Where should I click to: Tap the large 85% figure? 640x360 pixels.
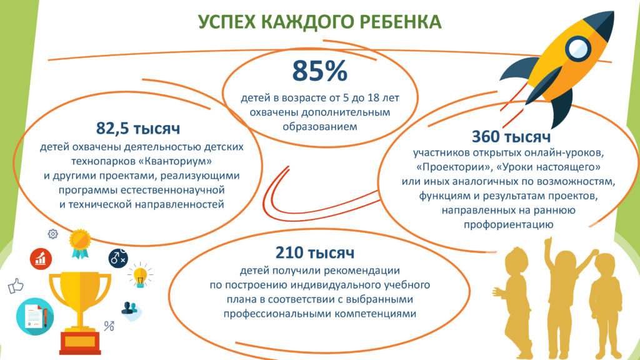click(x=319, y=71)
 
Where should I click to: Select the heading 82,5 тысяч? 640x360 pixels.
click(x=138, y=128)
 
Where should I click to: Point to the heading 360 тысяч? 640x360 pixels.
click(x=511, y=137)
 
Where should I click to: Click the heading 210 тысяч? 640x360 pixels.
click(x=315, y=252)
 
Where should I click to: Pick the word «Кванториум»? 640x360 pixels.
click(x=175, y=161)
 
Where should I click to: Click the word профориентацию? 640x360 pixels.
click(x=509, y=224)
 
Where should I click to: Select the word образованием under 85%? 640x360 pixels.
click(x=320, y=126)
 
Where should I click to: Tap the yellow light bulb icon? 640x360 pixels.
click(x=140, y=276)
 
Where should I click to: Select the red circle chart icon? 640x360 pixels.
click(x=41, y=259)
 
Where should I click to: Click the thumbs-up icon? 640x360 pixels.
click(x=16, y=286)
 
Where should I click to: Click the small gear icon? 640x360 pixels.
click(x=52, y=234)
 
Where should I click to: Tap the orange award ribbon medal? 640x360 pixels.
click(x=80, y=244)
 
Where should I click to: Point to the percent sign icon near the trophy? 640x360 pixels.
click(x=109, y=326)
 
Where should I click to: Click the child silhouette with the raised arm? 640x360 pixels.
click(x=567, y=294)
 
